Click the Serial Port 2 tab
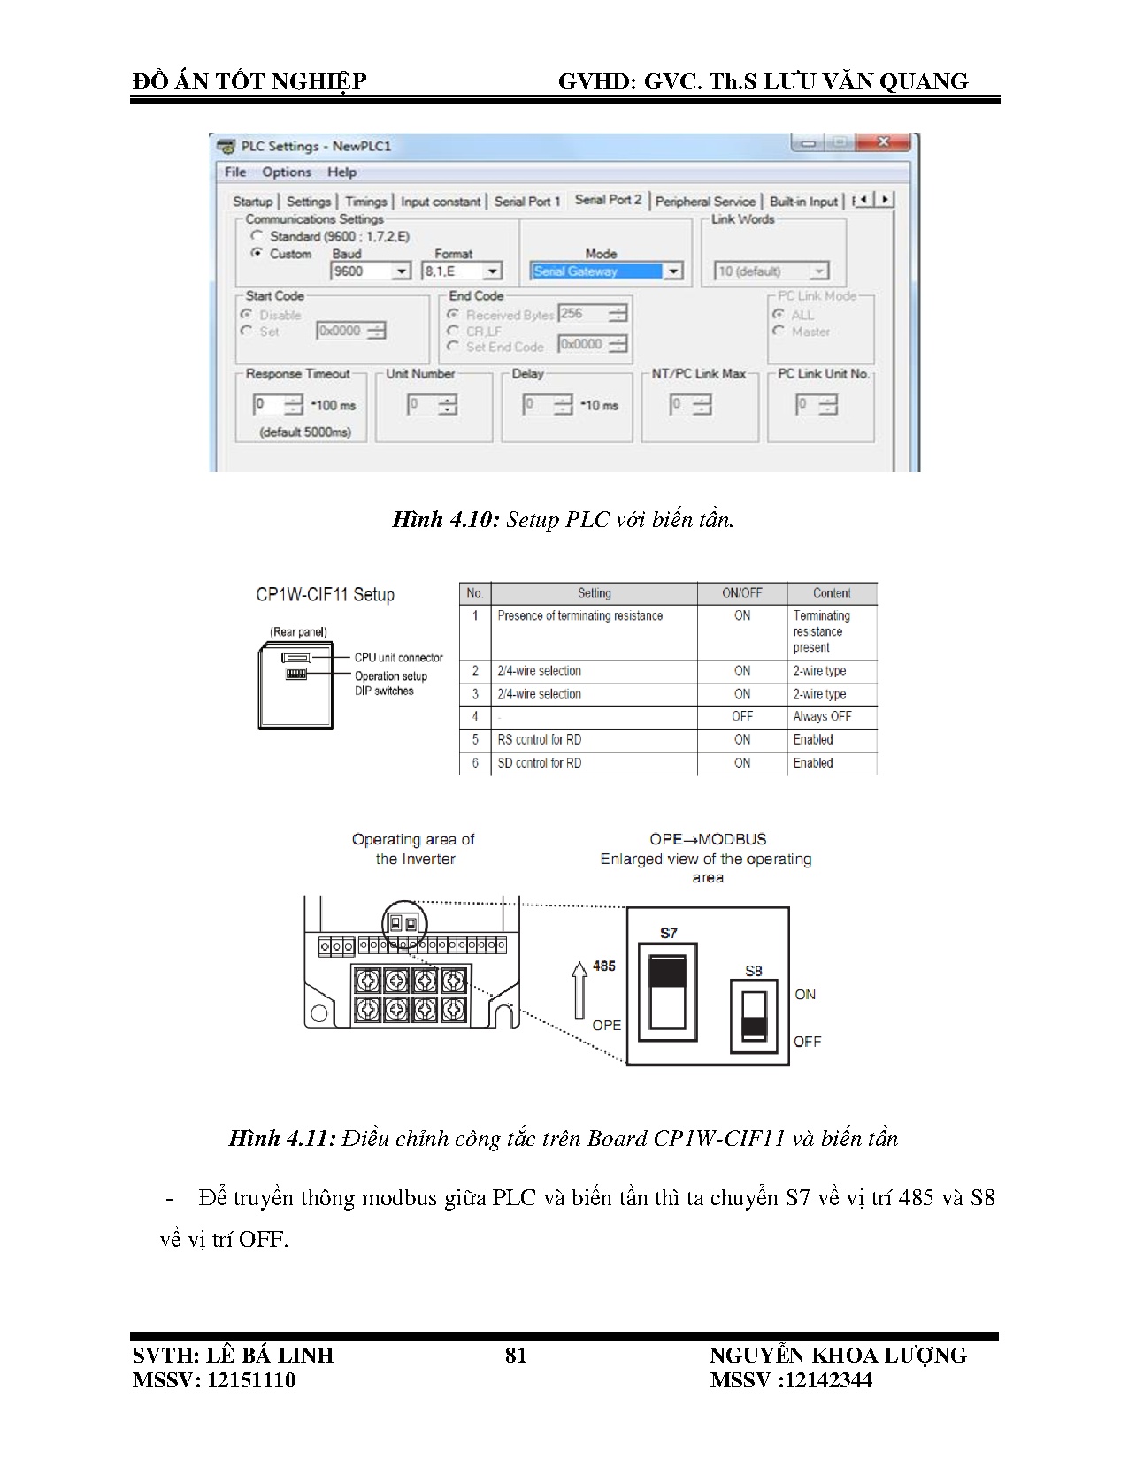pyautogui.click(x=608, y=200)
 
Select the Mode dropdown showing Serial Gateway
pyautogui.click(x=606, y=271)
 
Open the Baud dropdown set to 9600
pyautogui.click(x=371, y=271)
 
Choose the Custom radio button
pyautogui.click(x=257, y=253)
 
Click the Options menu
pyautogui.click(x=286, y=172)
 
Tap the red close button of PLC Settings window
pyautogui.click(x=882, y=142)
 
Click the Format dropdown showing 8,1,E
pyautogui.click(x=462, y=271)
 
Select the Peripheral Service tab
pyautogui.click(x=705, y=202)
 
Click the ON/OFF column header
pyautogui.click(x=741, y=593)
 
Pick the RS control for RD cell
pyautogui.click(x=540, y=739)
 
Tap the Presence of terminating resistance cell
pyautogui.click(x=579, y=615)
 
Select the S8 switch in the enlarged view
pyautogui.click(x=754, y=1016)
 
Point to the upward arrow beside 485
pyautogui.click(x=579, y=989)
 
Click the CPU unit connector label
pyautogui.click(x=398, y=658)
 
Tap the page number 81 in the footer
pyautogui.click(x=516, y=1356)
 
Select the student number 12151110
pyautogui.click(x=250, y=1380)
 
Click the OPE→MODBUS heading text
pyautogui.click(x=708, y=839)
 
